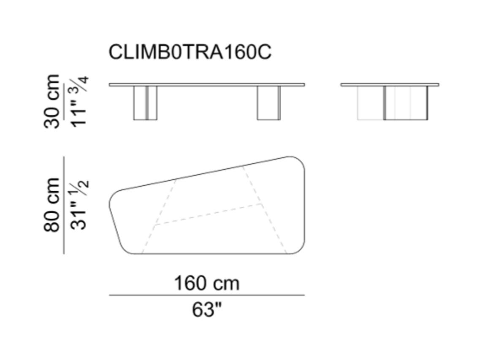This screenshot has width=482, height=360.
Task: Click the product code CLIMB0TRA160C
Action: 190,51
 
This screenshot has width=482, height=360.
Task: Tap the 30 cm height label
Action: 51,101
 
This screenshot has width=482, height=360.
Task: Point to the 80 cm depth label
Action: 51,205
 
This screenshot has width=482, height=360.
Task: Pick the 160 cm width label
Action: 206,283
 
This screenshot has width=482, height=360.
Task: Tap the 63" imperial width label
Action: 206,309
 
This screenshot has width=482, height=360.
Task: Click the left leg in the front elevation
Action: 145,103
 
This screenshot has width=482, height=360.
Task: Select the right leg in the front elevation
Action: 269,103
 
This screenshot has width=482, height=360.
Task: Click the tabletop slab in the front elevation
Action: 207,84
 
